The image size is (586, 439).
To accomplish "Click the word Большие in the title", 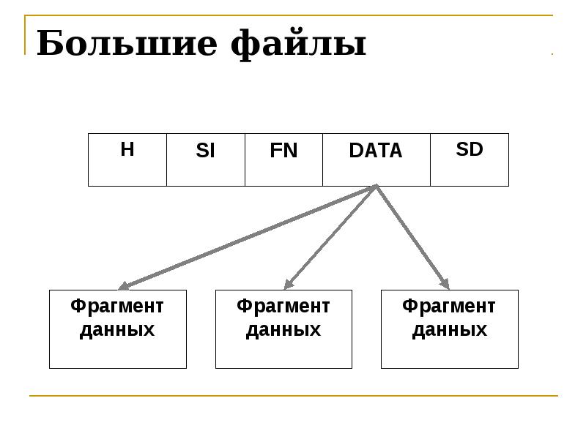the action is coord(127,43).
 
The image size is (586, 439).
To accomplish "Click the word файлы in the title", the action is coord(298,44).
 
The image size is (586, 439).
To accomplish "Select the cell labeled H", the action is coord(127,160).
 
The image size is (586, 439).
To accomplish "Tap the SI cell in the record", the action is coord(206,160).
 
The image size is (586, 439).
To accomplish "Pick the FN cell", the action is coord(283,160).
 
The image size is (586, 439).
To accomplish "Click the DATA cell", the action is coord(377,160).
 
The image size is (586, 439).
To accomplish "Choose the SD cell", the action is coord(470,160).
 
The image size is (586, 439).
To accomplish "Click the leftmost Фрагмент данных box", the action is coord(118,329).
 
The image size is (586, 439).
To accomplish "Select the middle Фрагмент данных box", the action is coord(283,329).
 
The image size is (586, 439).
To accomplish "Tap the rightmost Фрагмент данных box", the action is coord(450,329).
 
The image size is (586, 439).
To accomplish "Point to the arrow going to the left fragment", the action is coord(247,237).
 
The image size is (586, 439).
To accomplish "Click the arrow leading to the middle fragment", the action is coord(330,237).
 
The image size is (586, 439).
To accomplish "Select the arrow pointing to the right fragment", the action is coord(412,237).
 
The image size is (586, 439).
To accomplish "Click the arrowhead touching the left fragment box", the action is coord(123,285).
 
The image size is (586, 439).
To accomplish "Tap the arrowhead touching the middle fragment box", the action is coord(289,285).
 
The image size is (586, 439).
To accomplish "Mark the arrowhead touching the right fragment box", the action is coord(445,284).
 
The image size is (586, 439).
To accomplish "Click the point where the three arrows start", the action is coord(377,186).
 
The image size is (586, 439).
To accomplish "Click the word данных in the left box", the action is coord(117,330).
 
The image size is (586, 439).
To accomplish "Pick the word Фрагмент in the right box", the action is coord(449,307).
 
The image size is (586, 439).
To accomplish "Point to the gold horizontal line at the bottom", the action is coord(294,396).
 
